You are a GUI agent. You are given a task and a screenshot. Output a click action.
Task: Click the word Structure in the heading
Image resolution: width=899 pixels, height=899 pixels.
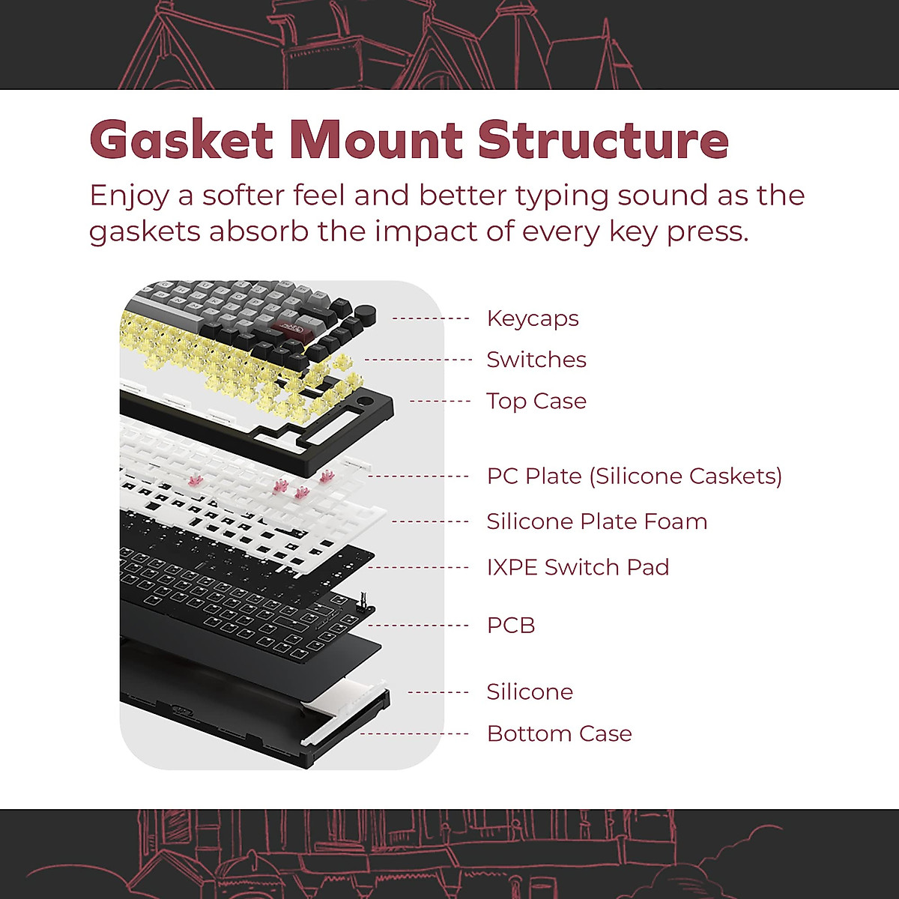click(603, 140)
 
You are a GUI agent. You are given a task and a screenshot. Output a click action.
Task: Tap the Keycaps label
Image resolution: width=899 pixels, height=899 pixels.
click(533, 319)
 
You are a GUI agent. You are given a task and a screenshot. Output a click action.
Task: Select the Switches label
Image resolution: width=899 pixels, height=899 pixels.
click(536, 360)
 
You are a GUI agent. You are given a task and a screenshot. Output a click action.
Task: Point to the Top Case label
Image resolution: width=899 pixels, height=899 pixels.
click(536, 402)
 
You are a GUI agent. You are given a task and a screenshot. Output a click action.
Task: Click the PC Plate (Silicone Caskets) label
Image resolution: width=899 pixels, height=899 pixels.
click(635, 476)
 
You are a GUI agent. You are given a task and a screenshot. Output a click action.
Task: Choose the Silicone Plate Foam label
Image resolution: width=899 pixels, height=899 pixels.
click(597, 521)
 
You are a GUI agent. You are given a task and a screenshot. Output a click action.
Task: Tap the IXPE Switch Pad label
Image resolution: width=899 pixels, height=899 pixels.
click(578, 567)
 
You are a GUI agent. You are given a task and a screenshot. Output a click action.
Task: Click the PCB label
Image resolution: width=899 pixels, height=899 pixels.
click(511, 626)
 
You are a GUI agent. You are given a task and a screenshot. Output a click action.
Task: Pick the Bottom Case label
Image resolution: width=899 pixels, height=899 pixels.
click(560, 734)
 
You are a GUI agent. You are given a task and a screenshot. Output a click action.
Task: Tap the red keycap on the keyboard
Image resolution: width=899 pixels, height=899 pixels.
click(285, 328)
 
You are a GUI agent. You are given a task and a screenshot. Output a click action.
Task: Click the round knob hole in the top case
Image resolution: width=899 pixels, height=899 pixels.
click(363, 401)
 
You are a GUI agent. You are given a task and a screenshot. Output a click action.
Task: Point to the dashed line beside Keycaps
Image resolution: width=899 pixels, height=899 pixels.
click(430, 318)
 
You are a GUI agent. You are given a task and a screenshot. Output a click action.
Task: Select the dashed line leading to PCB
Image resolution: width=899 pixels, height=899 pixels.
click(418, 626)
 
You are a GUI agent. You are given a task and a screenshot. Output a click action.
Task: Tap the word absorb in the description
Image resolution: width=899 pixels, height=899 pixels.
click(259, 231)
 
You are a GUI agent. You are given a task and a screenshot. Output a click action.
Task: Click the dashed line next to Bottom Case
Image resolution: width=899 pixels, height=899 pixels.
click(414, 734)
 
